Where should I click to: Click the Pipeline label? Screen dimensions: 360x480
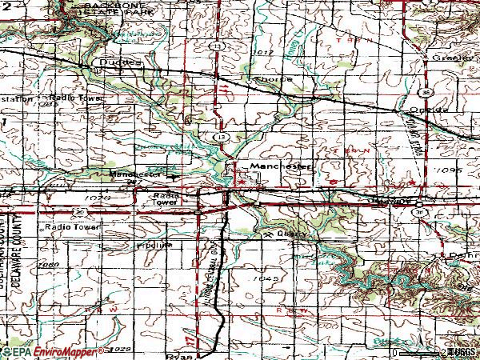[x=154, y=245]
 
